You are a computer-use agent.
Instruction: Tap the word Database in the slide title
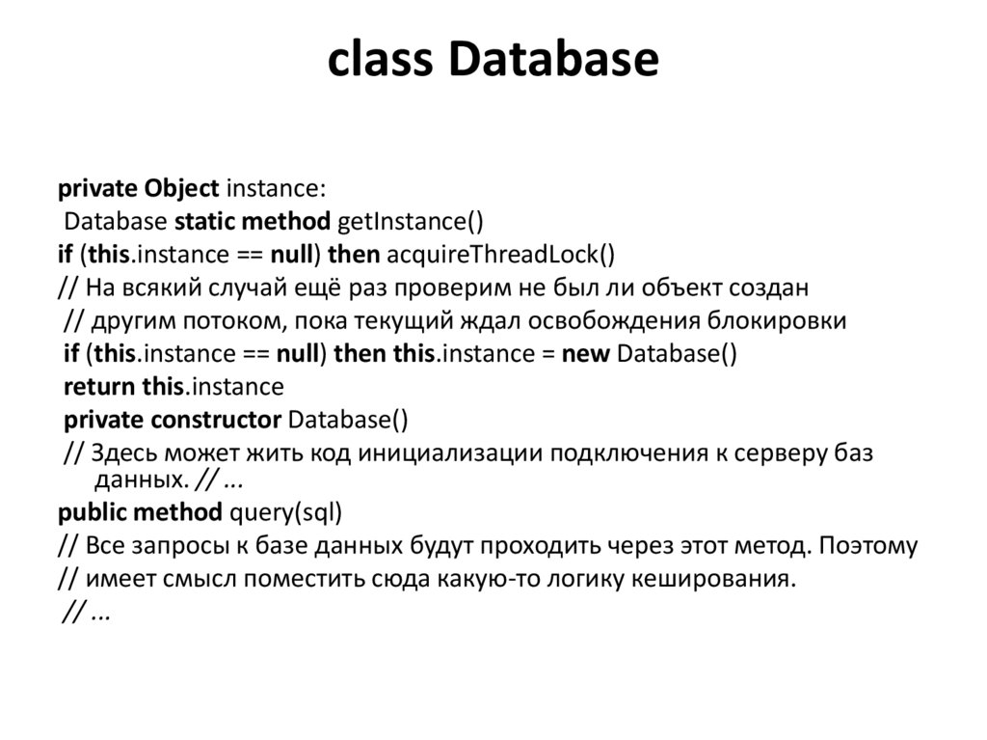552,60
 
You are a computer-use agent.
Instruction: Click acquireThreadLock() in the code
499,254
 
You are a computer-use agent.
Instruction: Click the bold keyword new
585,353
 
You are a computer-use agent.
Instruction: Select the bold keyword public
93,511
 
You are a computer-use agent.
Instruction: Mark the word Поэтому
867,545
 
